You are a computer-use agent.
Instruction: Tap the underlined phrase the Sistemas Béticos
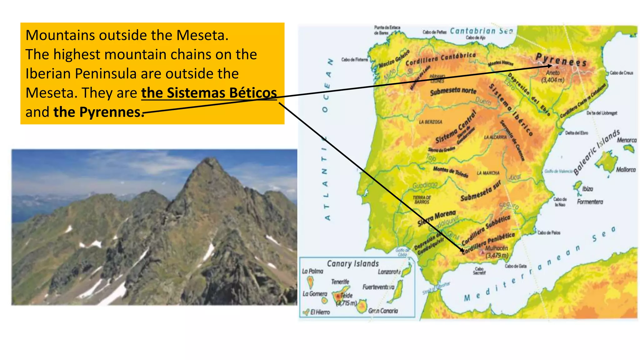[x=209, y=93]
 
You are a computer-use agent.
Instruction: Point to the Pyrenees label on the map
[x=561, y=60]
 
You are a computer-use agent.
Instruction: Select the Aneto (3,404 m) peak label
[x=553, y=76]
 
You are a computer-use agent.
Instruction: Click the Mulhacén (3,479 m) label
[x=497, y=252]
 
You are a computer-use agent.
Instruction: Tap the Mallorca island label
[x=626, y=170]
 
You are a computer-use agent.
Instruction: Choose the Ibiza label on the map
[x=587, y=189]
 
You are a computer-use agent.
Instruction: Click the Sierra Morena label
[x=437, y=218]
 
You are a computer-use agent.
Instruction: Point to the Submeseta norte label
[x=453, y=92]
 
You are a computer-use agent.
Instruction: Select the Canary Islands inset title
[x=353, y=264]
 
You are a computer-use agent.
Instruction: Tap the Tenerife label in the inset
[x=340, y=282]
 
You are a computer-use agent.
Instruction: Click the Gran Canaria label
[x=383, y=311]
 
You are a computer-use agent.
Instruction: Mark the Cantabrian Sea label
[x=481, y=31]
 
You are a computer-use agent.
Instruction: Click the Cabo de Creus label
[x=621, y=73]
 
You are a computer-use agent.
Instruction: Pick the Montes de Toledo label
[x=450, y=171]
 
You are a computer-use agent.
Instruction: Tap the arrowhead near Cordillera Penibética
[x=462, y=250]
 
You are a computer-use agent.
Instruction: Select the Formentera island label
[x=590, y=202]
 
